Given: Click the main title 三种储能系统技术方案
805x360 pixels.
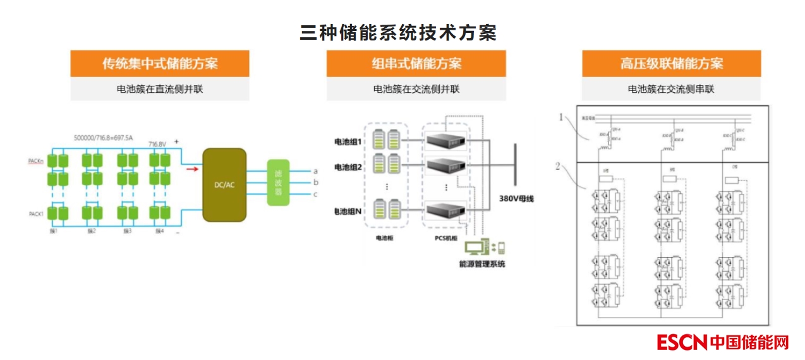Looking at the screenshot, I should [x=398, y=33].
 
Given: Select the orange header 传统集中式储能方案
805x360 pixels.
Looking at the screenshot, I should [x=160, y=64].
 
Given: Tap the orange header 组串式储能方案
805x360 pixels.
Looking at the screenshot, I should [x=416, y=64].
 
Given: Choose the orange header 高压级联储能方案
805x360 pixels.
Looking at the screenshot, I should [x=671, y=64].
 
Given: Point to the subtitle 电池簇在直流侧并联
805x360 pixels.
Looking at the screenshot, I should [x=160, y=89].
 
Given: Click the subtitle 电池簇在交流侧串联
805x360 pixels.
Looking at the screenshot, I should [x=671, y=89].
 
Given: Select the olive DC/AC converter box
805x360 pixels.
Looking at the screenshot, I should [x=224, y=184].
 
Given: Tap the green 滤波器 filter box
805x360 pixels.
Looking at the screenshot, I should [x=278, y=183].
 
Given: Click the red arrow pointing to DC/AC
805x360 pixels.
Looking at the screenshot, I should [x=190, y=169].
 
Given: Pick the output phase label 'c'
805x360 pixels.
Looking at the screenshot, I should [x=315, y=194].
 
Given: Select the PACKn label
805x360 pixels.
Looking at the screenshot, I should [x=36, y=162].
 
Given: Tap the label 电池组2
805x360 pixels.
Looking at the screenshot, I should [x=348, y=167].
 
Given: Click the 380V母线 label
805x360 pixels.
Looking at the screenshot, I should [x=516, y=199].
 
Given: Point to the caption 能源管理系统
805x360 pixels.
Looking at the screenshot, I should [x=482, y=263].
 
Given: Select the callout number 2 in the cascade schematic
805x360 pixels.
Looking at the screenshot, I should [x=557, y=167].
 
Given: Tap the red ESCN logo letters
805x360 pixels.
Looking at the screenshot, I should [x=681, y=342].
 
